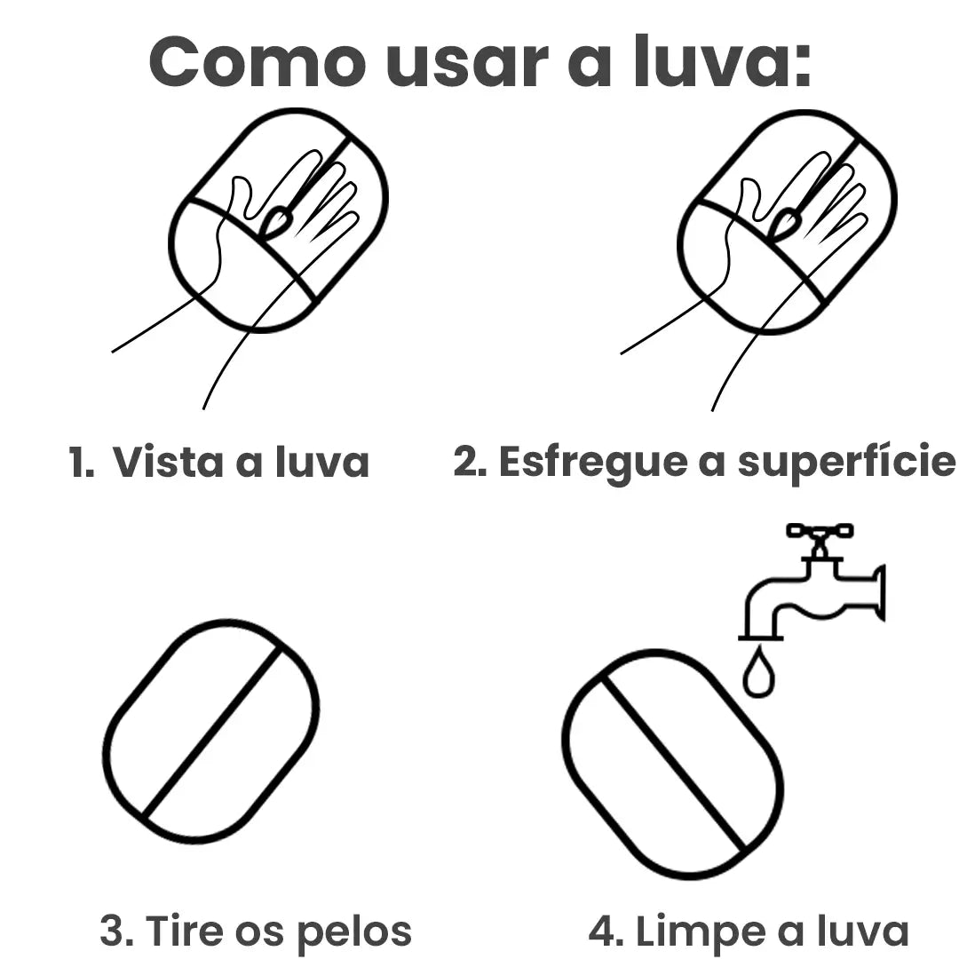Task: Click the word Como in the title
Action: click(x=258, y=62)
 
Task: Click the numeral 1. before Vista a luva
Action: click(x=81, y=463)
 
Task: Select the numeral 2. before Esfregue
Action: click(x=470, y=463)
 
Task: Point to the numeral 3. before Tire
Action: click(x=116, y=931)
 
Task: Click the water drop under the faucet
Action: click(x=758, y=676)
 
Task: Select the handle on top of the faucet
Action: click(x=819, y=532)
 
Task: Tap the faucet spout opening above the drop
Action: click(x=761, y=636)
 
